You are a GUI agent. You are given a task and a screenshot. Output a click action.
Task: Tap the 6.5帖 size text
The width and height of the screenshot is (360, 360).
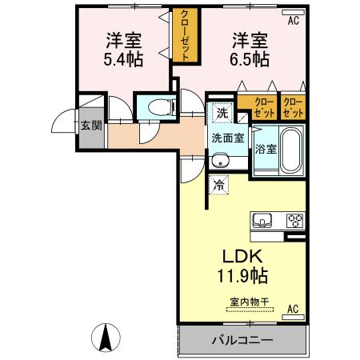pos(250,60)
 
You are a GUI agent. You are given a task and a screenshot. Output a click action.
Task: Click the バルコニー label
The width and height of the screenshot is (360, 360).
pos(242,339)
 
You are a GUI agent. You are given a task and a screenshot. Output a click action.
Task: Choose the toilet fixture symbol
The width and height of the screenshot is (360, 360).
pos(155,106)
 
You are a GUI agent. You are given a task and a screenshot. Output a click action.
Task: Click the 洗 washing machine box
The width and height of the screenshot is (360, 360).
pos(222,113)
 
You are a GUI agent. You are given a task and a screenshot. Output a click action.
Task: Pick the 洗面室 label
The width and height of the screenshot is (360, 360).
pos(226,137)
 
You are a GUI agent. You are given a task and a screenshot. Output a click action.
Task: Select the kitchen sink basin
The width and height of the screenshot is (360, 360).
pos(262,220)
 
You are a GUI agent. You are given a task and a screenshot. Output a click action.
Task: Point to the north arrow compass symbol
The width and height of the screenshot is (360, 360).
pos(104,338)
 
